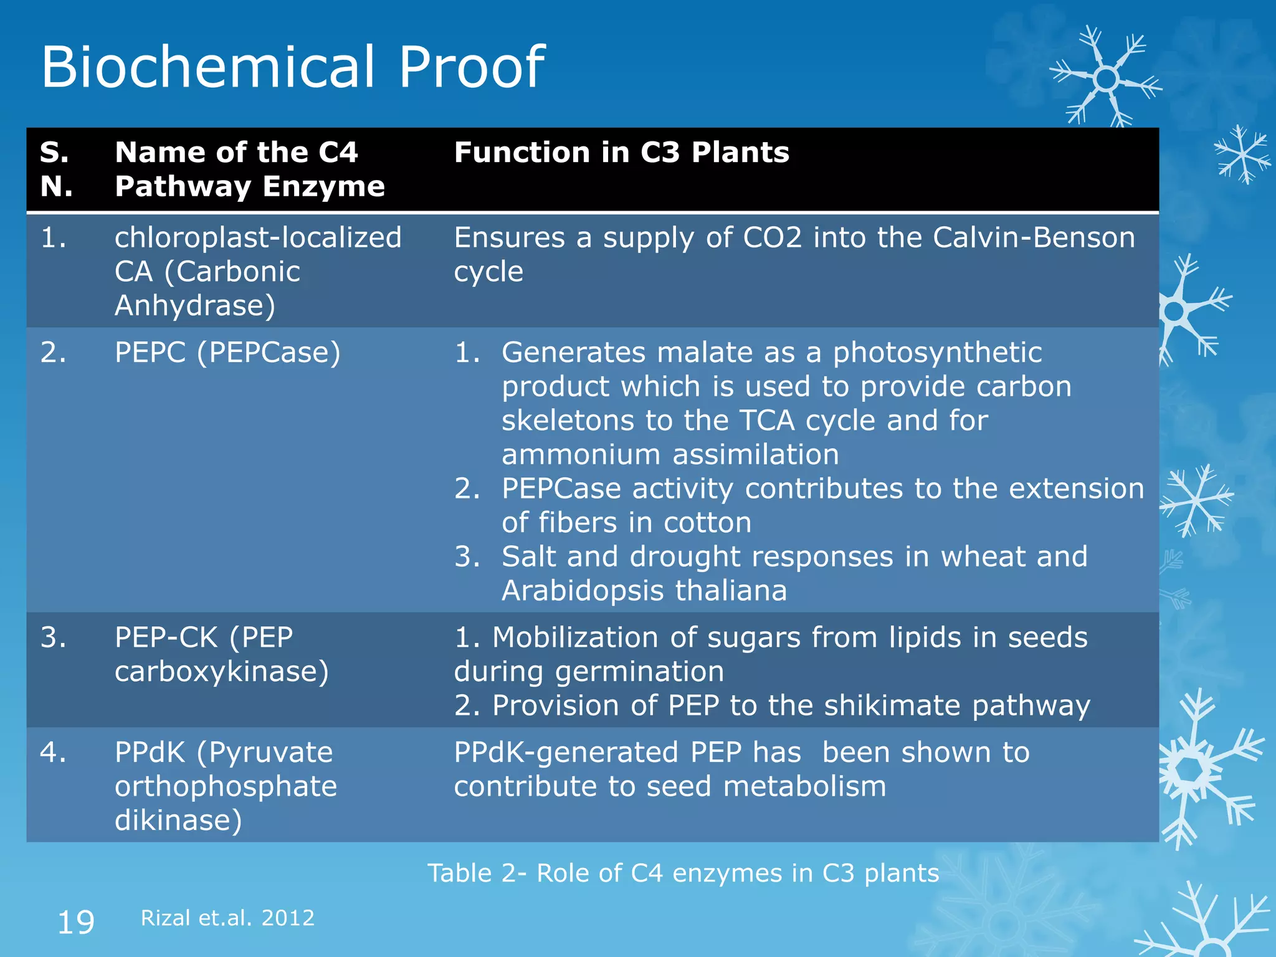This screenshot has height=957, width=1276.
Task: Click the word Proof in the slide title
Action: coord(471,67)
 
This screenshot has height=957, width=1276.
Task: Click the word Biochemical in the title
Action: coord(209,67)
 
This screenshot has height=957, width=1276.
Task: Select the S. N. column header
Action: coord(56,169)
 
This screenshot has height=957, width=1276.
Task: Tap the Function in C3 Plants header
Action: coord(621,153)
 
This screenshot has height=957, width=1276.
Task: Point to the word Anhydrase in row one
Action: coord(194,306)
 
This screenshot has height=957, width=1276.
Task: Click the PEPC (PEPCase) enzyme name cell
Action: coord(227,353)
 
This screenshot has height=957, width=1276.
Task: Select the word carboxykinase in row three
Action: coord(221,672)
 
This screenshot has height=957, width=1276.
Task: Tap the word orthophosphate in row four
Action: coord(226,786)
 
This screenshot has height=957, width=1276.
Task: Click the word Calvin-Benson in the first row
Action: coord(1034,238)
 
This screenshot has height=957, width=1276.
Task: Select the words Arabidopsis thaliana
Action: coord(644,591)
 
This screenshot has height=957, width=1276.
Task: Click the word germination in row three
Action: coord(639,672)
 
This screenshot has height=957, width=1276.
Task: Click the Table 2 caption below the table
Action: coord(683,874)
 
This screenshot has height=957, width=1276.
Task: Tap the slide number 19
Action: coord(75,922)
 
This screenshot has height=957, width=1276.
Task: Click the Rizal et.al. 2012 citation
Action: coord(227,918)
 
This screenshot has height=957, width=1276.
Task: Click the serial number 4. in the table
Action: coord(53,753)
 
